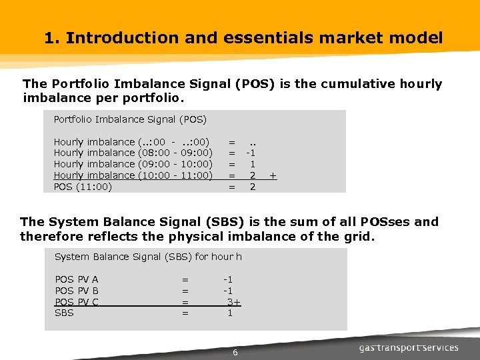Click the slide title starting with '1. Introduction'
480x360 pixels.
click(243, 38)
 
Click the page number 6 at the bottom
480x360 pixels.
click(235, 352)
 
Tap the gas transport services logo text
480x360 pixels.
click(408, 347)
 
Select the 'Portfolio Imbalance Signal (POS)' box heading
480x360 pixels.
click(130, 119)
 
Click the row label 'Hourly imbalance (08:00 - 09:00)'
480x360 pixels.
click(133, 153)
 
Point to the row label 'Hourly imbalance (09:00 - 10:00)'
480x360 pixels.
click(133, 164)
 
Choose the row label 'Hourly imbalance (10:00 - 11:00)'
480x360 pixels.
click(133, 175)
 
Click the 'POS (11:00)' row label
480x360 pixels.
click(82, 187)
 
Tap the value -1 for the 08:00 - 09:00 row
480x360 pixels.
click(251, 153)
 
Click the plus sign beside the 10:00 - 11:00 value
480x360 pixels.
click(273, 175)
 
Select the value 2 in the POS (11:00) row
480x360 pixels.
click(253, 187)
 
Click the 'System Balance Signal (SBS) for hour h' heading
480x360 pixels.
click(148, 257)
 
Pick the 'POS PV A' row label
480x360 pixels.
click(76, 279)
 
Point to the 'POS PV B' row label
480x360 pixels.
click(76, 291)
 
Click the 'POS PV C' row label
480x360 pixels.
click(76, 302)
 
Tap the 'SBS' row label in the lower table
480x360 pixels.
click(64, 313)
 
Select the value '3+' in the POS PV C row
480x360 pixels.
click(233, 302)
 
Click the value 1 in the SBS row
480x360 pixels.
click(230, 313)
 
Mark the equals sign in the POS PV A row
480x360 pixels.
click(185, 279)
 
